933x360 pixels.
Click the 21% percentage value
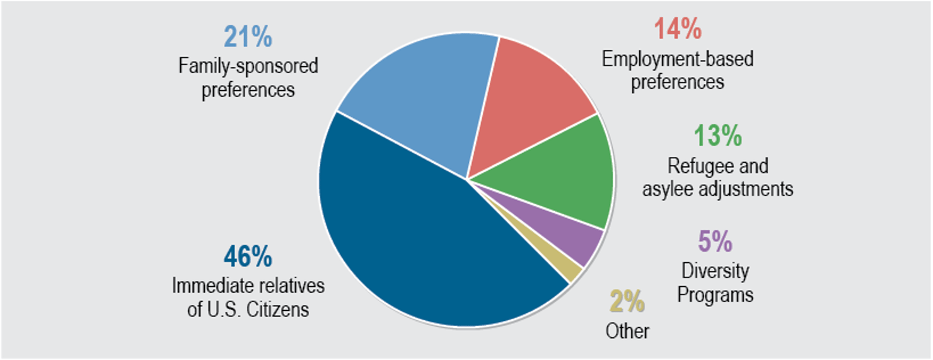(248, 37)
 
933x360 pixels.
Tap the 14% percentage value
(678, 30)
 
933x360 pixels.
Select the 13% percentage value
(717, 137)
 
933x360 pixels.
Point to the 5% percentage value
(716, 241)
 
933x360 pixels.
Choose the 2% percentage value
(627, 302)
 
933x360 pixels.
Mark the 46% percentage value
(248, 257)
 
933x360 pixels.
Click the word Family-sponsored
(248, 66)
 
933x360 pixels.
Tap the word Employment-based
(678, 59)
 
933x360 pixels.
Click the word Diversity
(716, 272)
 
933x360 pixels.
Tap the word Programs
(716, 294)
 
